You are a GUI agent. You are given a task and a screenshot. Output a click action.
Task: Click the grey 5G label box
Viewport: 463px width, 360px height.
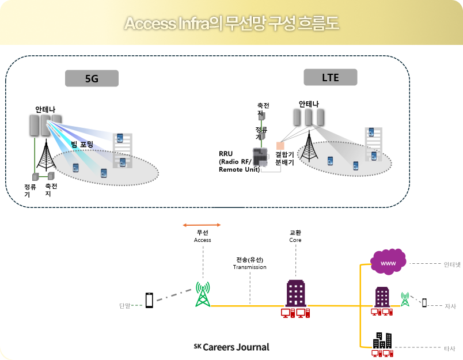coord(92,78)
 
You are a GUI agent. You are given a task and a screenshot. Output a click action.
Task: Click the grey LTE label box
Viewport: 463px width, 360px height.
coord(331,77)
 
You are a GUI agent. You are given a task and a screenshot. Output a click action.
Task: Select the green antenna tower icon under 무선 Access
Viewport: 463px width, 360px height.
coord(202,294)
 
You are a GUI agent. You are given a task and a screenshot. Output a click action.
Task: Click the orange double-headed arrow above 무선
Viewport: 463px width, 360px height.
coord(202,225)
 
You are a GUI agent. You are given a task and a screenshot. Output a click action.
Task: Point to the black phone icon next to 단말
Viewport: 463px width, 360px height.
coord(150,300)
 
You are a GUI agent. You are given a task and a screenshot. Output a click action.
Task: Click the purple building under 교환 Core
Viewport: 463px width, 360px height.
coord(295,294)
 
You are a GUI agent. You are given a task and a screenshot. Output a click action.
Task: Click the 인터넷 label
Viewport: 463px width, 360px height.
coord(452,265)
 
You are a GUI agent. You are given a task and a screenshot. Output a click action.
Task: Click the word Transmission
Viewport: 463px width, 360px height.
coord(249,267)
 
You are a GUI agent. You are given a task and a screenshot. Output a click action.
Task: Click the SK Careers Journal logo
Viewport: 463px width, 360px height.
coord(231,347)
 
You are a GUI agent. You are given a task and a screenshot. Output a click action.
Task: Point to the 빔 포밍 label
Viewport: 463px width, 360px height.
coord(82,144)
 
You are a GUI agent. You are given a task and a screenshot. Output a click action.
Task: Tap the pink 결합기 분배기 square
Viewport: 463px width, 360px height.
coord(280,145)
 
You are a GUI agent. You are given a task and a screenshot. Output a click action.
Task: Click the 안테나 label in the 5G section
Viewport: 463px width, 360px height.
coord(45,109)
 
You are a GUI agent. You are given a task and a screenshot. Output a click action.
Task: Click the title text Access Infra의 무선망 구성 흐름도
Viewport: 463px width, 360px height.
coord(231,24)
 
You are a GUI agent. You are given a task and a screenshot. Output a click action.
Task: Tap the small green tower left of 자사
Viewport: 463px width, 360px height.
coord(405,299)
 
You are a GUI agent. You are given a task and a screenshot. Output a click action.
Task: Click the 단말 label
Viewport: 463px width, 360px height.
coord(124,305)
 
